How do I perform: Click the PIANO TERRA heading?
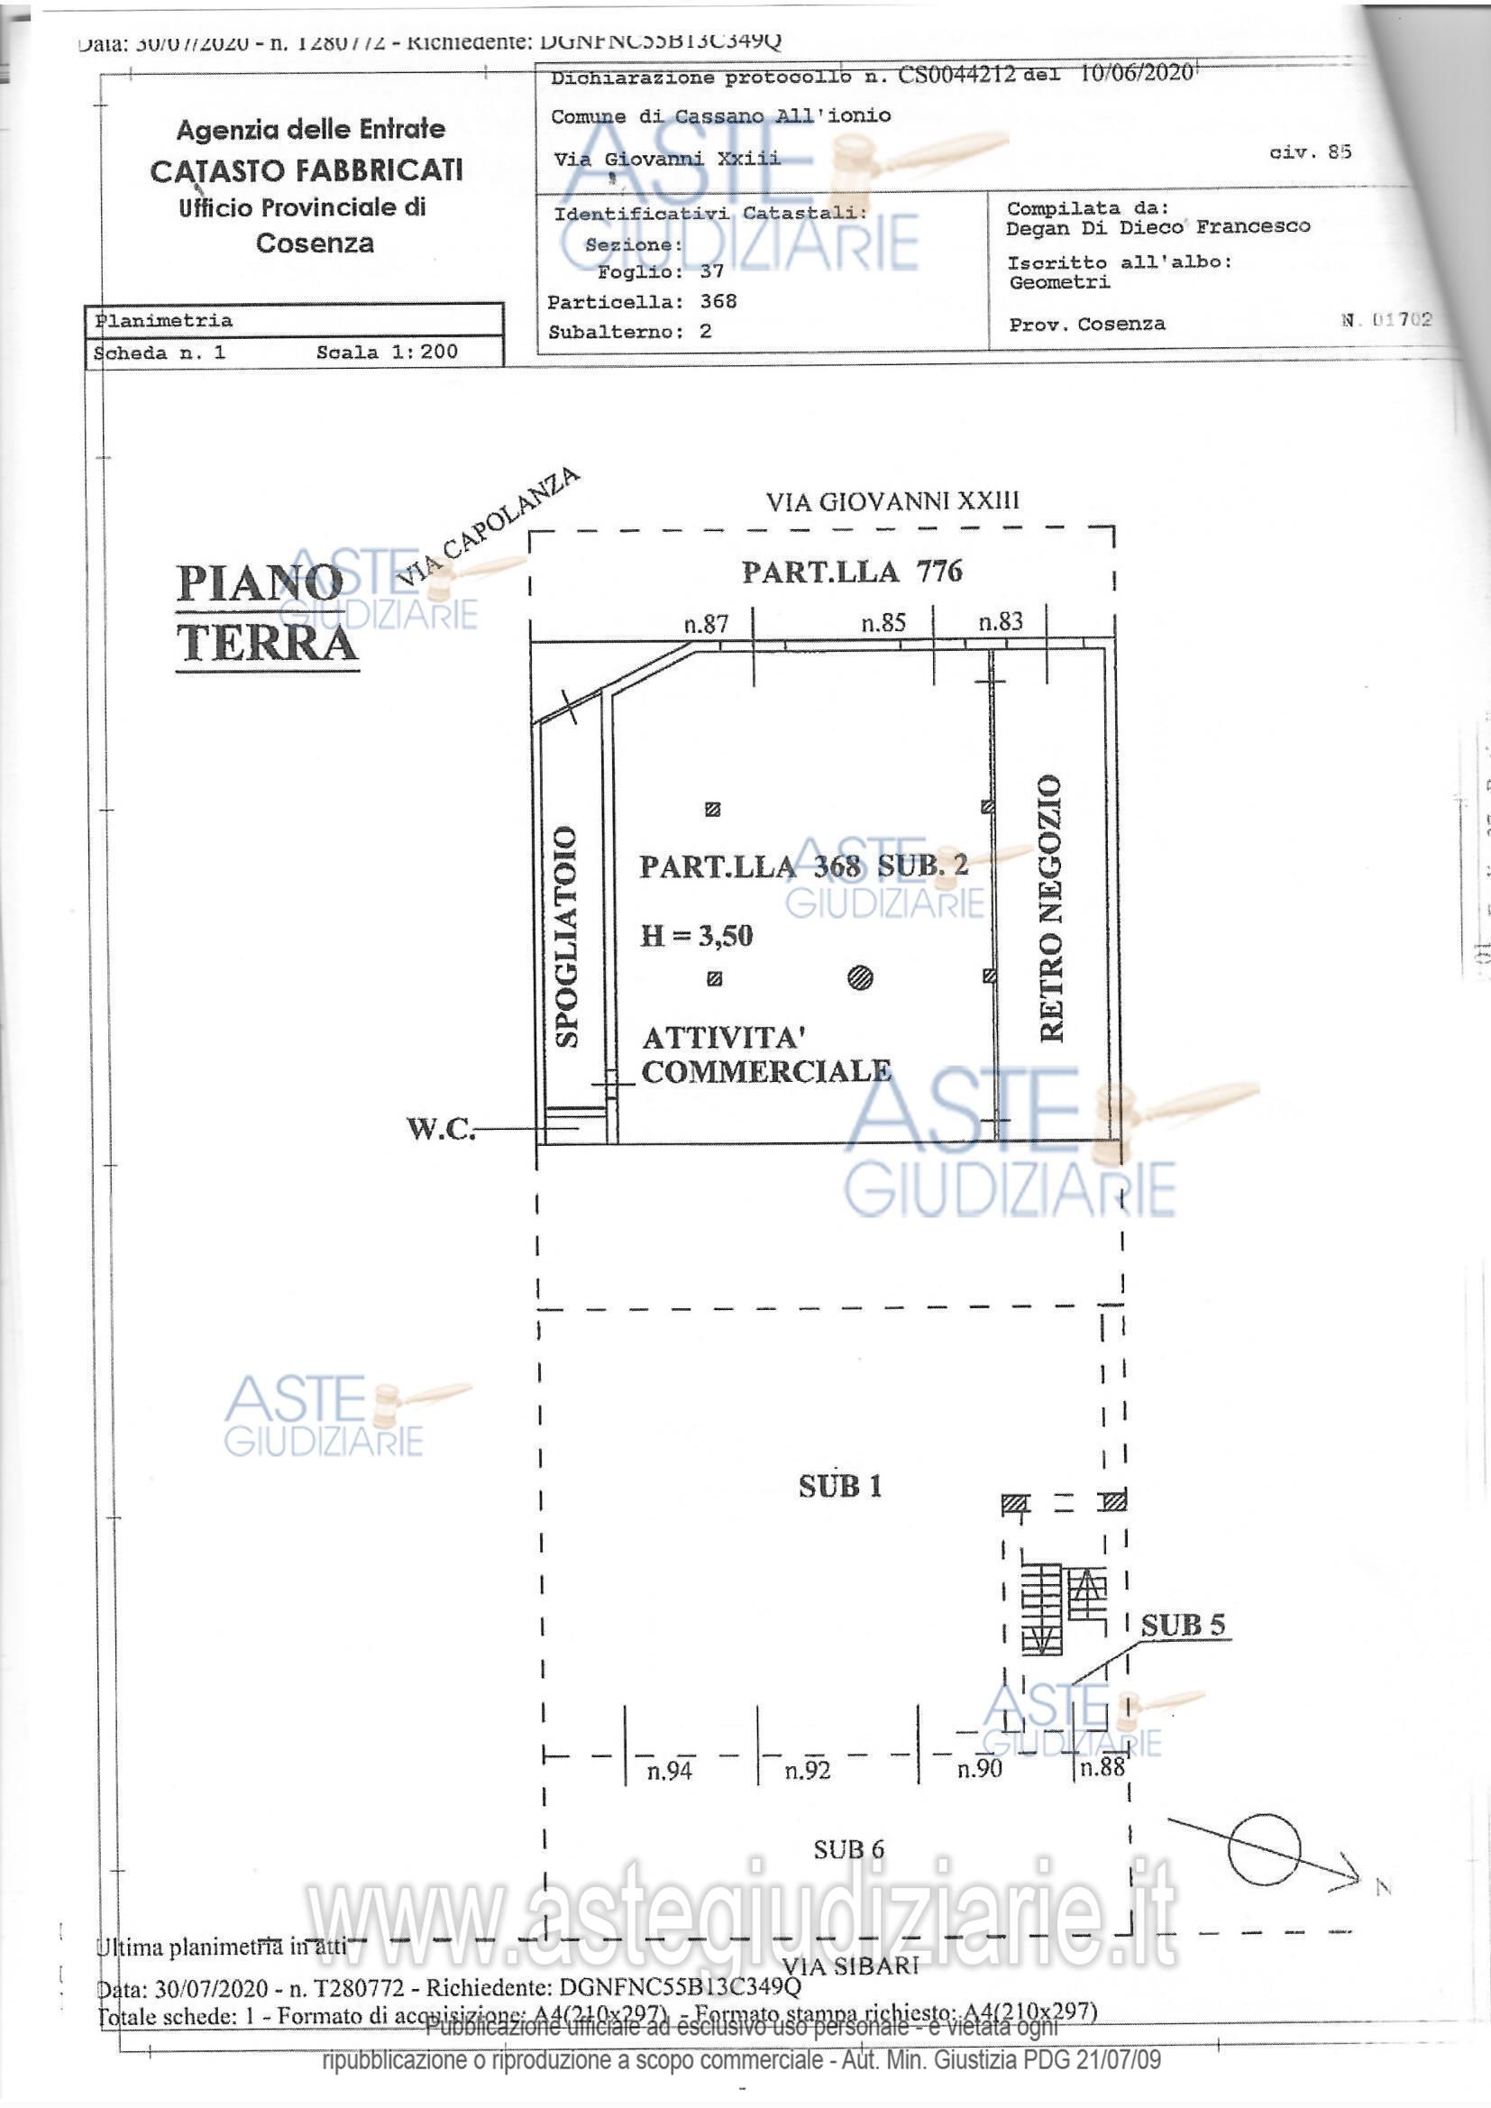(x=266, y=613)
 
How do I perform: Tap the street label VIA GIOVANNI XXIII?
(x=892, y=501)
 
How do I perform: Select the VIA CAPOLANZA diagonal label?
(x=488, y=527)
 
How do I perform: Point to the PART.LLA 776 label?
(x=852, y=572)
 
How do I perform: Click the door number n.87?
(x=706, y=624)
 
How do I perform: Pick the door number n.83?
(x=1000, y=621)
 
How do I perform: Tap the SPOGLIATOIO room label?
(x=566, y=937)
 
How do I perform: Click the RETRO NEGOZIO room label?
(x=1051, y=908)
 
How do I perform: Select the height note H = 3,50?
(x=696, y=936)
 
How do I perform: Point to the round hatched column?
(x=860, y=977)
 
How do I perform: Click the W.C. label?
(x=441, y=1128)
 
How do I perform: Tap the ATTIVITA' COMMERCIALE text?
(x=764, y=1055)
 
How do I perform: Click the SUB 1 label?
(x=840, y=1487)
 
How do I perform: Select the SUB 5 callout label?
(x=1183, y=1625)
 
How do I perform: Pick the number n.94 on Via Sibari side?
(x=669, y=1771)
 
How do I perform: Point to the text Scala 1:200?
(x=387, y=352)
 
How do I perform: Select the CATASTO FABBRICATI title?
(x=306, y=170)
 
